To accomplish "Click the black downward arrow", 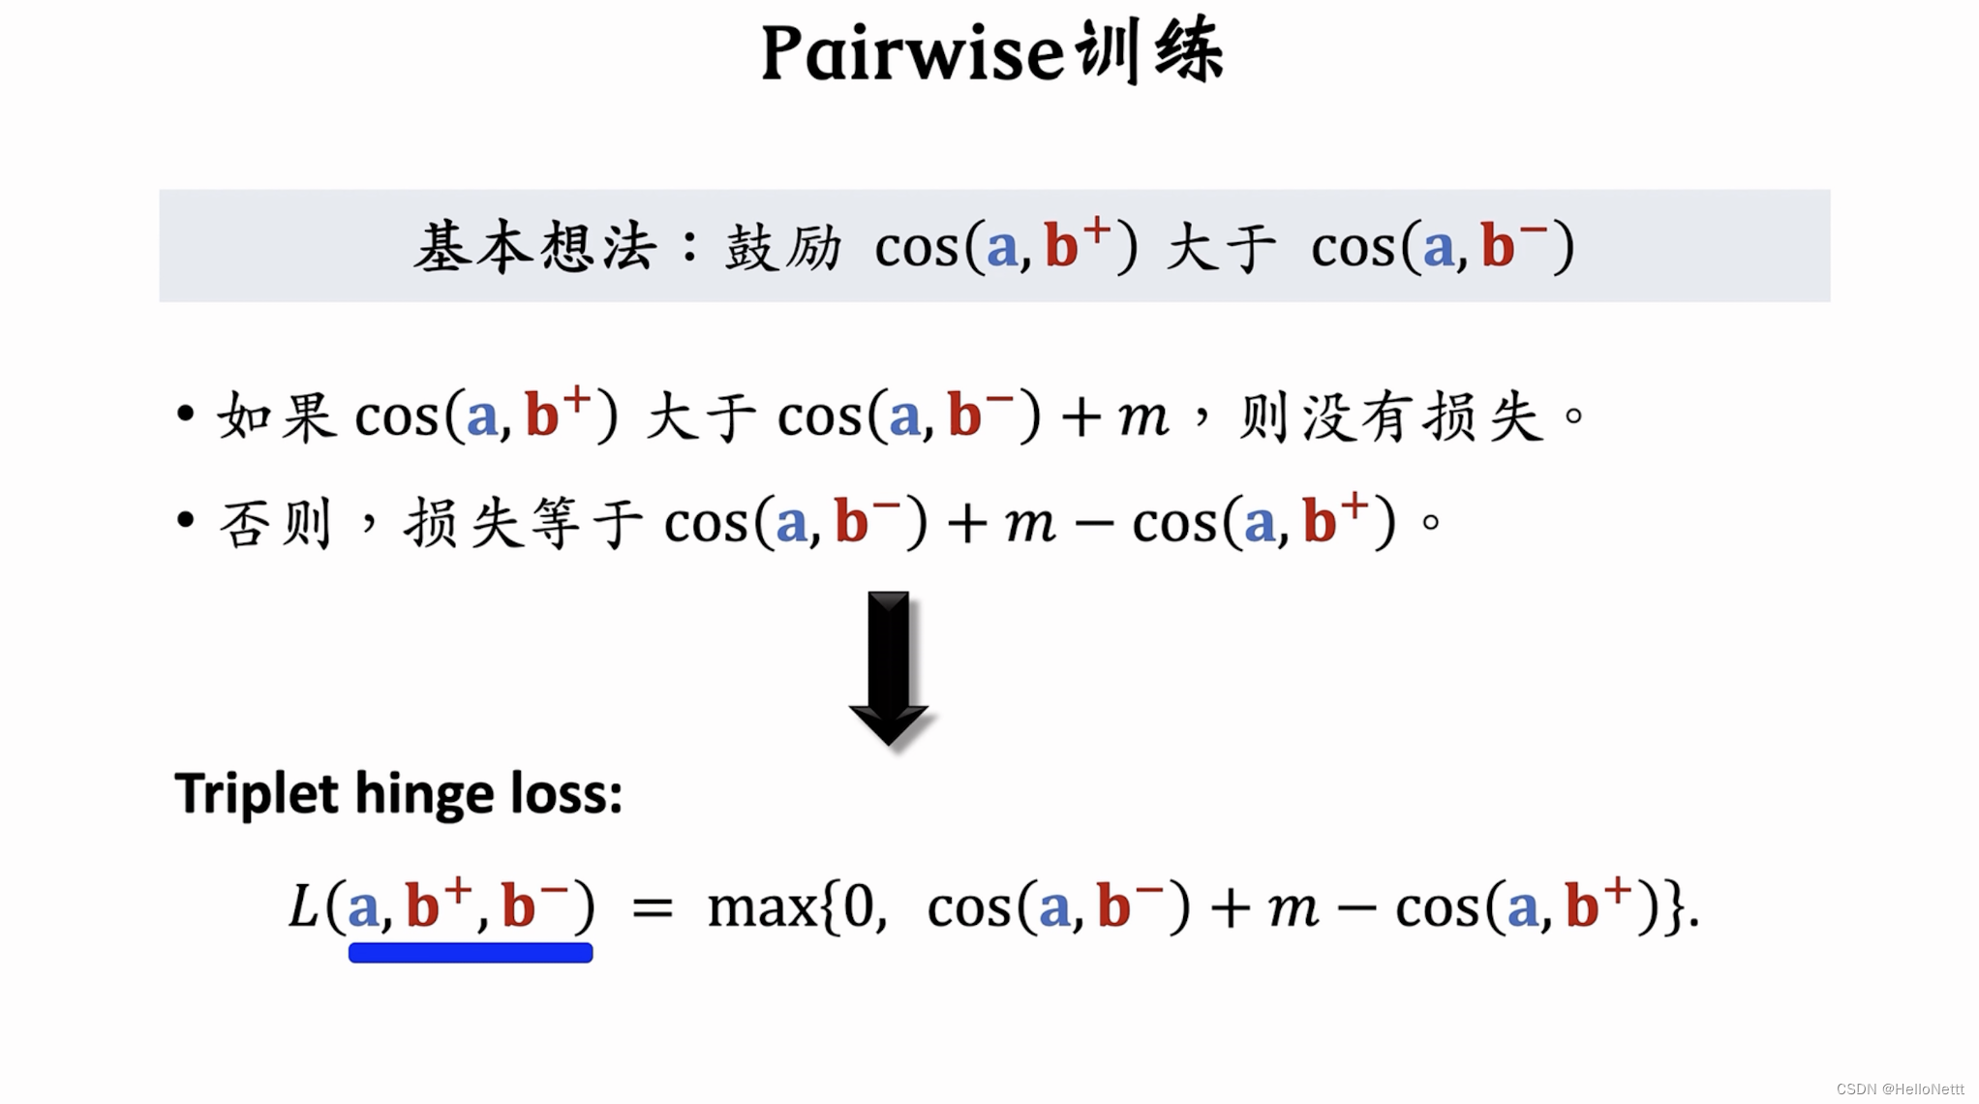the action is pyautogui.click(x=889, y=667).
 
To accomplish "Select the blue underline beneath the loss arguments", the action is pyautogui.click(x=471, y=953).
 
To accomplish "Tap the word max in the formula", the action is pyautogui.click(x=762, y=908).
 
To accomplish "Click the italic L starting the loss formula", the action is pyautogui.click(x=303, y=907).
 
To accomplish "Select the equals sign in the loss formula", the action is pyautogui.click(x=652, y=908).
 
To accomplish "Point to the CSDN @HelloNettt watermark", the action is pyautogui.click(x=1900, y=1089).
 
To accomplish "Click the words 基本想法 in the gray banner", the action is pyautogui.click(x=535, y=247).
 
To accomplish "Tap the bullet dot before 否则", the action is pyautogui.click(x=186, y=521).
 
